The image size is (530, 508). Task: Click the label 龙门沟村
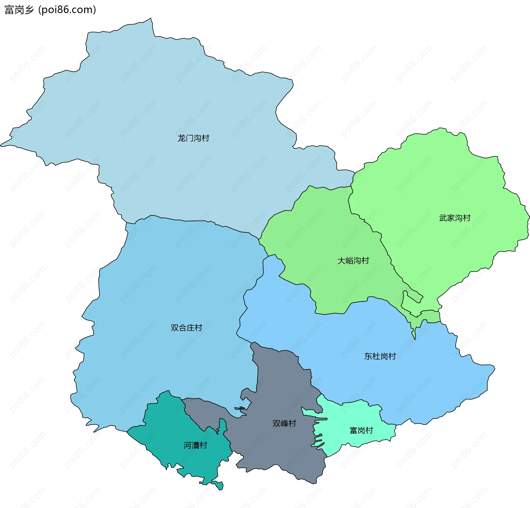point(193,138)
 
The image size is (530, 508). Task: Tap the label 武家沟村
point(455,218)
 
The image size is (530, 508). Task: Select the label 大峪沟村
point(353,260)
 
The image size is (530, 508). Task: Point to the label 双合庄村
point(186,328)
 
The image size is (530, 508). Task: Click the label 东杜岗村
point(380,356)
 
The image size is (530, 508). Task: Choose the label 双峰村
point(284,423)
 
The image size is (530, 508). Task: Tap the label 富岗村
point(361,430)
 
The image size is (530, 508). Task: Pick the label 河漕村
point(195,445)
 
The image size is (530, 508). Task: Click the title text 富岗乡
point(19,10)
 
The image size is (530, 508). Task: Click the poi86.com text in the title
point(67,10)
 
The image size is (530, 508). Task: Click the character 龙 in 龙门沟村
point(181,138)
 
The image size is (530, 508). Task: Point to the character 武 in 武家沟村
point(443,218)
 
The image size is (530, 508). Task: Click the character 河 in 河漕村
point(187,445)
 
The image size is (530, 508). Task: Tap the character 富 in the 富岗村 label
point(353,430)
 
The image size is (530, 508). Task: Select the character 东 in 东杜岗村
point(368,356)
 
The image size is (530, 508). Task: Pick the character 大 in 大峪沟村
point(341,260)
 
